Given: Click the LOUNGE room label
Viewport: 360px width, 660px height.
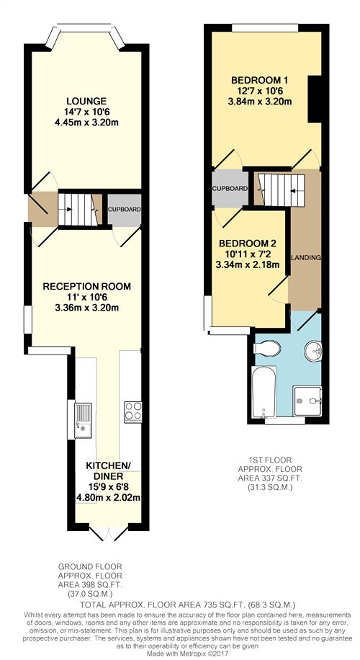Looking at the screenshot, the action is (86, 102).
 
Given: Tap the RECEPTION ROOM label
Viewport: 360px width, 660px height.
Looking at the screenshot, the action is (86, 287).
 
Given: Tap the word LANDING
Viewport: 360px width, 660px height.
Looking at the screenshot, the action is (307, 258).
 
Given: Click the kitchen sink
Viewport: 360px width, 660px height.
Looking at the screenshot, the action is (83, 420).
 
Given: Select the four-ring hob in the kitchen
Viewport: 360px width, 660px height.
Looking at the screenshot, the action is (133, 412).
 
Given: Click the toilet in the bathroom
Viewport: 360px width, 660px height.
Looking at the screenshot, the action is (268, 348).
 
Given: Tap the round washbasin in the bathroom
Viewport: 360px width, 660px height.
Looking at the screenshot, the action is (313, 350).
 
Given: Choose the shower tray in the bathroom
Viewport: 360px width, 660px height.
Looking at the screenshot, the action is (308, 401).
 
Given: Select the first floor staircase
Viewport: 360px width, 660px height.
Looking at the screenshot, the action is (279, 189).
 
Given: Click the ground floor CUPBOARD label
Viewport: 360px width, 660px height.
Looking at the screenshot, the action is (124, 209).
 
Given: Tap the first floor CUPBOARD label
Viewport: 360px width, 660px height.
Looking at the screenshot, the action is (230, 189).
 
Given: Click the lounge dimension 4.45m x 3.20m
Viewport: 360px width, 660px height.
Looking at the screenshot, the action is (86, 122).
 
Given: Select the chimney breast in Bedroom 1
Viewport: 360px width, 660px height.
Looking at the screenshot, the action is (314, 99).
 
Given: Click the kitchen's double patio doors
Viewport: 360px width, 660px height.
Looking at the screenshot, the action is (109, 533).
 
